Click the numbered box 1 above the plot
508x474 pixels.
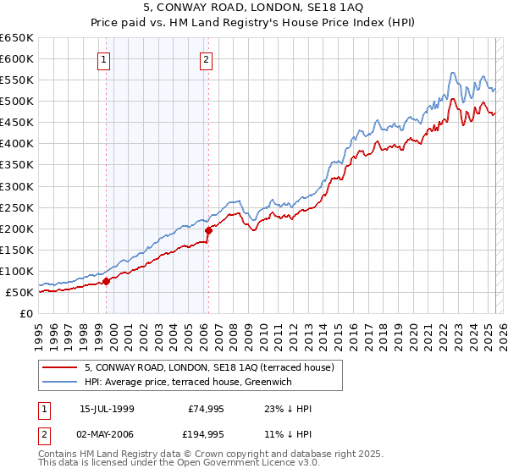[103, 59]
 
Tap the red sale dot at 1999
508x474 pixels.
[106, 281]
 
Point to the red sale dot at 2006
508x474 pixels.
[208, 230]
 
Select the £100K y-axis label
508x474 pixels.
[16, 272]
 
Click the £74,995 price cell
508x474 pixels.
[204, 409]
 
